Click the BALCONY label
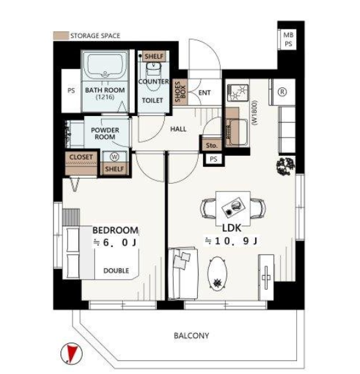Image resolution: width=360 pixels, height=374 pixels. point(191,336)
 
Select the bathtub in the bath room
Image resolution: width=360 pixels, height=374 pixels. point(105,66)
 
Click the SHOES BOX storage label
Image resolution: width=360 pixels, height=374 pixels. point(180,92)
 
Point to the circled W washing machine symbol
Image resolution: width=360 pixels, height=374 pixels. point(115,157)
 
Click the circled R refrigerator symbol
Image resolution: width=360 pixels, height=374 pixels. point(283,92)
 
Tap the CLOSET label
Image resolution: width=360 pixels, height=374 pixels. point(81,157)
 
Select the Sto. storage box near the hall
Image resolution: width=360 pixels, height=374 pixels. point(212,145)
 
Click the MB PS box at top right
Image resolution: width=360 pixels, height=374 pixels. point(288,39)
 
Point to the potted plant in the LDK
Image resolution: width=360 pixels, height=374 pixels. point(286,166)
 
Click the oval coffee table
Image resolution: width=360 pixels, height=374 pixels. point(217,274)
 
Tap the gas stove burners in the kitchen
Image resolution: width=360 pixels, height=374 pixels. point(238,93)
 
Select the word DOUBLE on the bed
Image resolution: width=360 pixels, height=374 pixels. point(117,270)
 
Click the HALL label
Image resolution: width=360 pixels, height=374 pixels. point(178,129)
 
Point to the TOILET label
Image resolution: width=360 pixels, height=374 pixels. point(152,100)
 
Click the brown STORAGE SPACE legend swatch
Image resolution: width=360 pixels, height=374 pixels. point(61,36)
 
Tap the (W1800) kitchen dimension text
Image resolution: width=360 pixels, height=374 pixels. point(255,113)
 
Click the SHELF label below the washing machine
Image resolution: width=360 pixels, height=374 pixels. point(115,169)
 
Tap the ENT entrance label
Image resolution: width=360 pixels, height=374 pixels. point(204,93)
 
